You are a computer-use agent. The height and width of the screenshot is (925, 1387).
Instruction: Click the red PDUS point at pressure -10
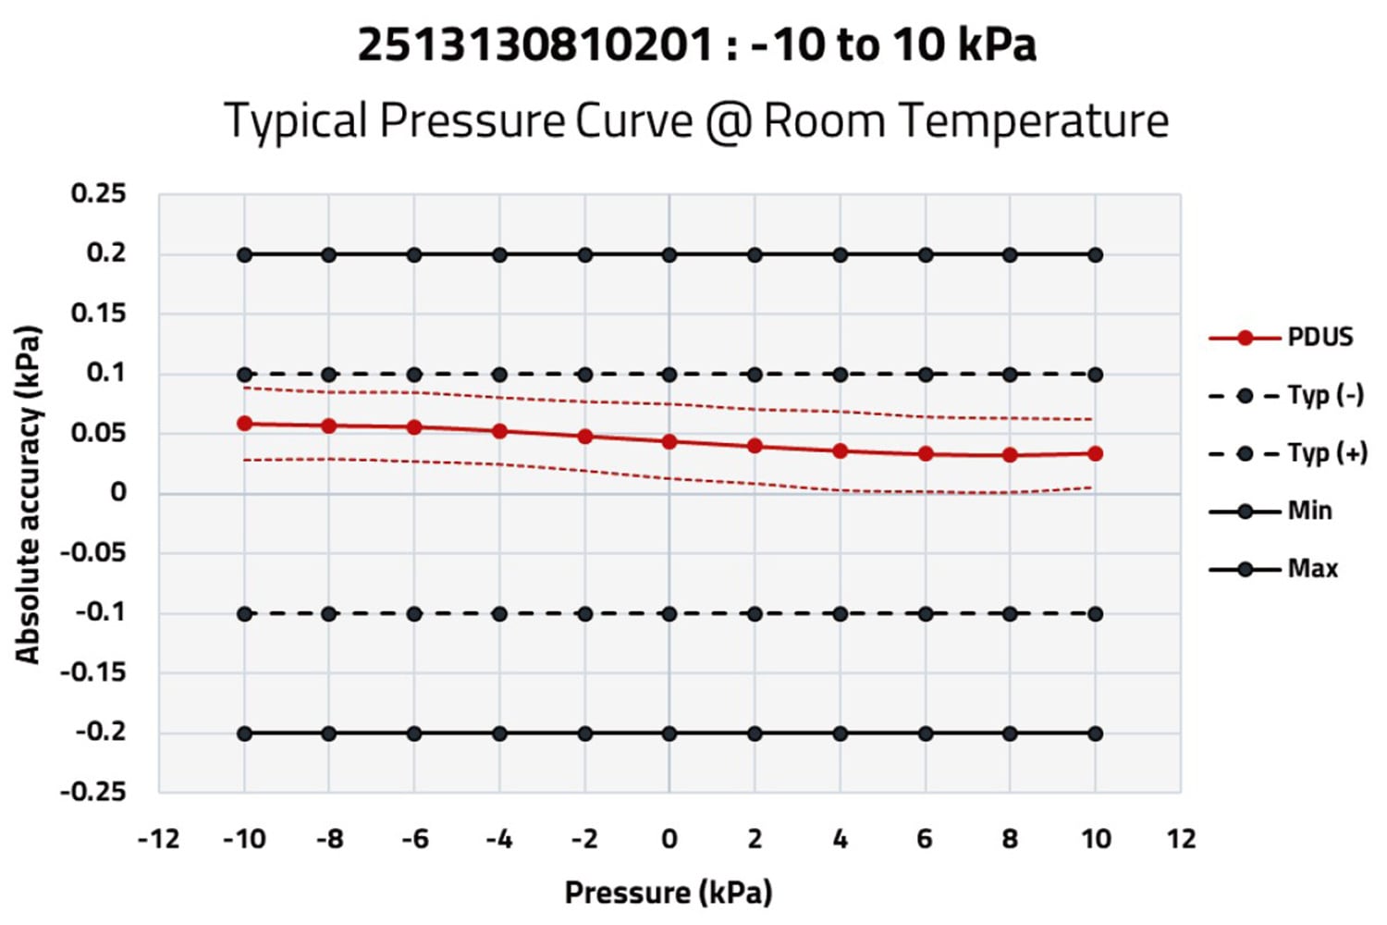pyautogui.click(x=245, y=424)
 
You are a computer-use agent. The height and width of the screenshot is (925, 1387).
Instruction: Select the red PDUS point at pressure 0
pyautogui.click(x=669, y=442)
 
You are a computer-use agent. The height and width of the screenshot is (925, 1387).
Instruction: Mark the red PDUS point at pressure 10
pyautogui.click(x=1095, y=453)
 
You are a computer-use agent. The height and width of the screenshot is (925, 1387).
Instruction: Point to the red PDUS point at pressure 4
pyautogui.click(x=840, y=450)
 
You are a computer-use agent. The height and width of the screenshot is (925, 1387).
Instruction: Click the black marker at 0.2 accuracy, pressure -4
pyautogui.click(x=499, y=254)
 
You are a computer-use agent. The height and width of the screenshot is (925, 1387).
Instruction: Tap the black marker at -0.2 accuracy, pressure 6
pyautogui.click(x=925, y=734)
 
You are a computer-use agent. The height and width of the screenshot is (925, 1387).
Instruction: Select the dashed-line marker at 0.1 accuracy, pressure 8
pyautogui.click(x=1010, y=375)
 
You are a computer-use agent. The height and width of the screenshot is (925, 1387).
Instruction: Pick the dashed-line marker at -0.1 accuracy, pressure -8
pyautogui.click(x=329, y=613)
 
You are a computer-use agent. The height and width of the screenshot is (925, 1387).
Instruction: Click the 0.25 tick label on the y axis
pyautogui.click(x=99, y=194)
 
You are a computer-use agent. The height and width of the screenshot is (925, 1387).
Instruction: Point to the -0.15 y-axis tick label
pyautogui.click(x=92, y=672)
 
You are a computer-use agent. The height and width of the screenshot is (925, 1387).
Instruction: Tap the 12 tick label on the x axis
pyautogui.click(x=1181, y=839)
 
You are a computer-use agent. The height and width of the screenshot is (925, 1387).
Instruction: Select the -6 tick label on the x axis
pyautogui.click(x=414, y=839)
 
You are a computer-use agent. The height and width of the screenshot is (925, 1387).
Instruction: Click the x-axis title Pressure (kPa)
pyautogui.click(x=669, y=893)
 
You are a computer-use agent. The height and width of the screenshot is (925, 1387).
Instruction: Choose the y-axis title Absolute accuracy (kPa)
pyautogui.click(x=28, y=495)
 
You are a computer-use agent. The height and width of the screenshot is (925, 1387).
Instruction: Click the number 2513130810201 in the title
pyautogui.click(x=535, y=44)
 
